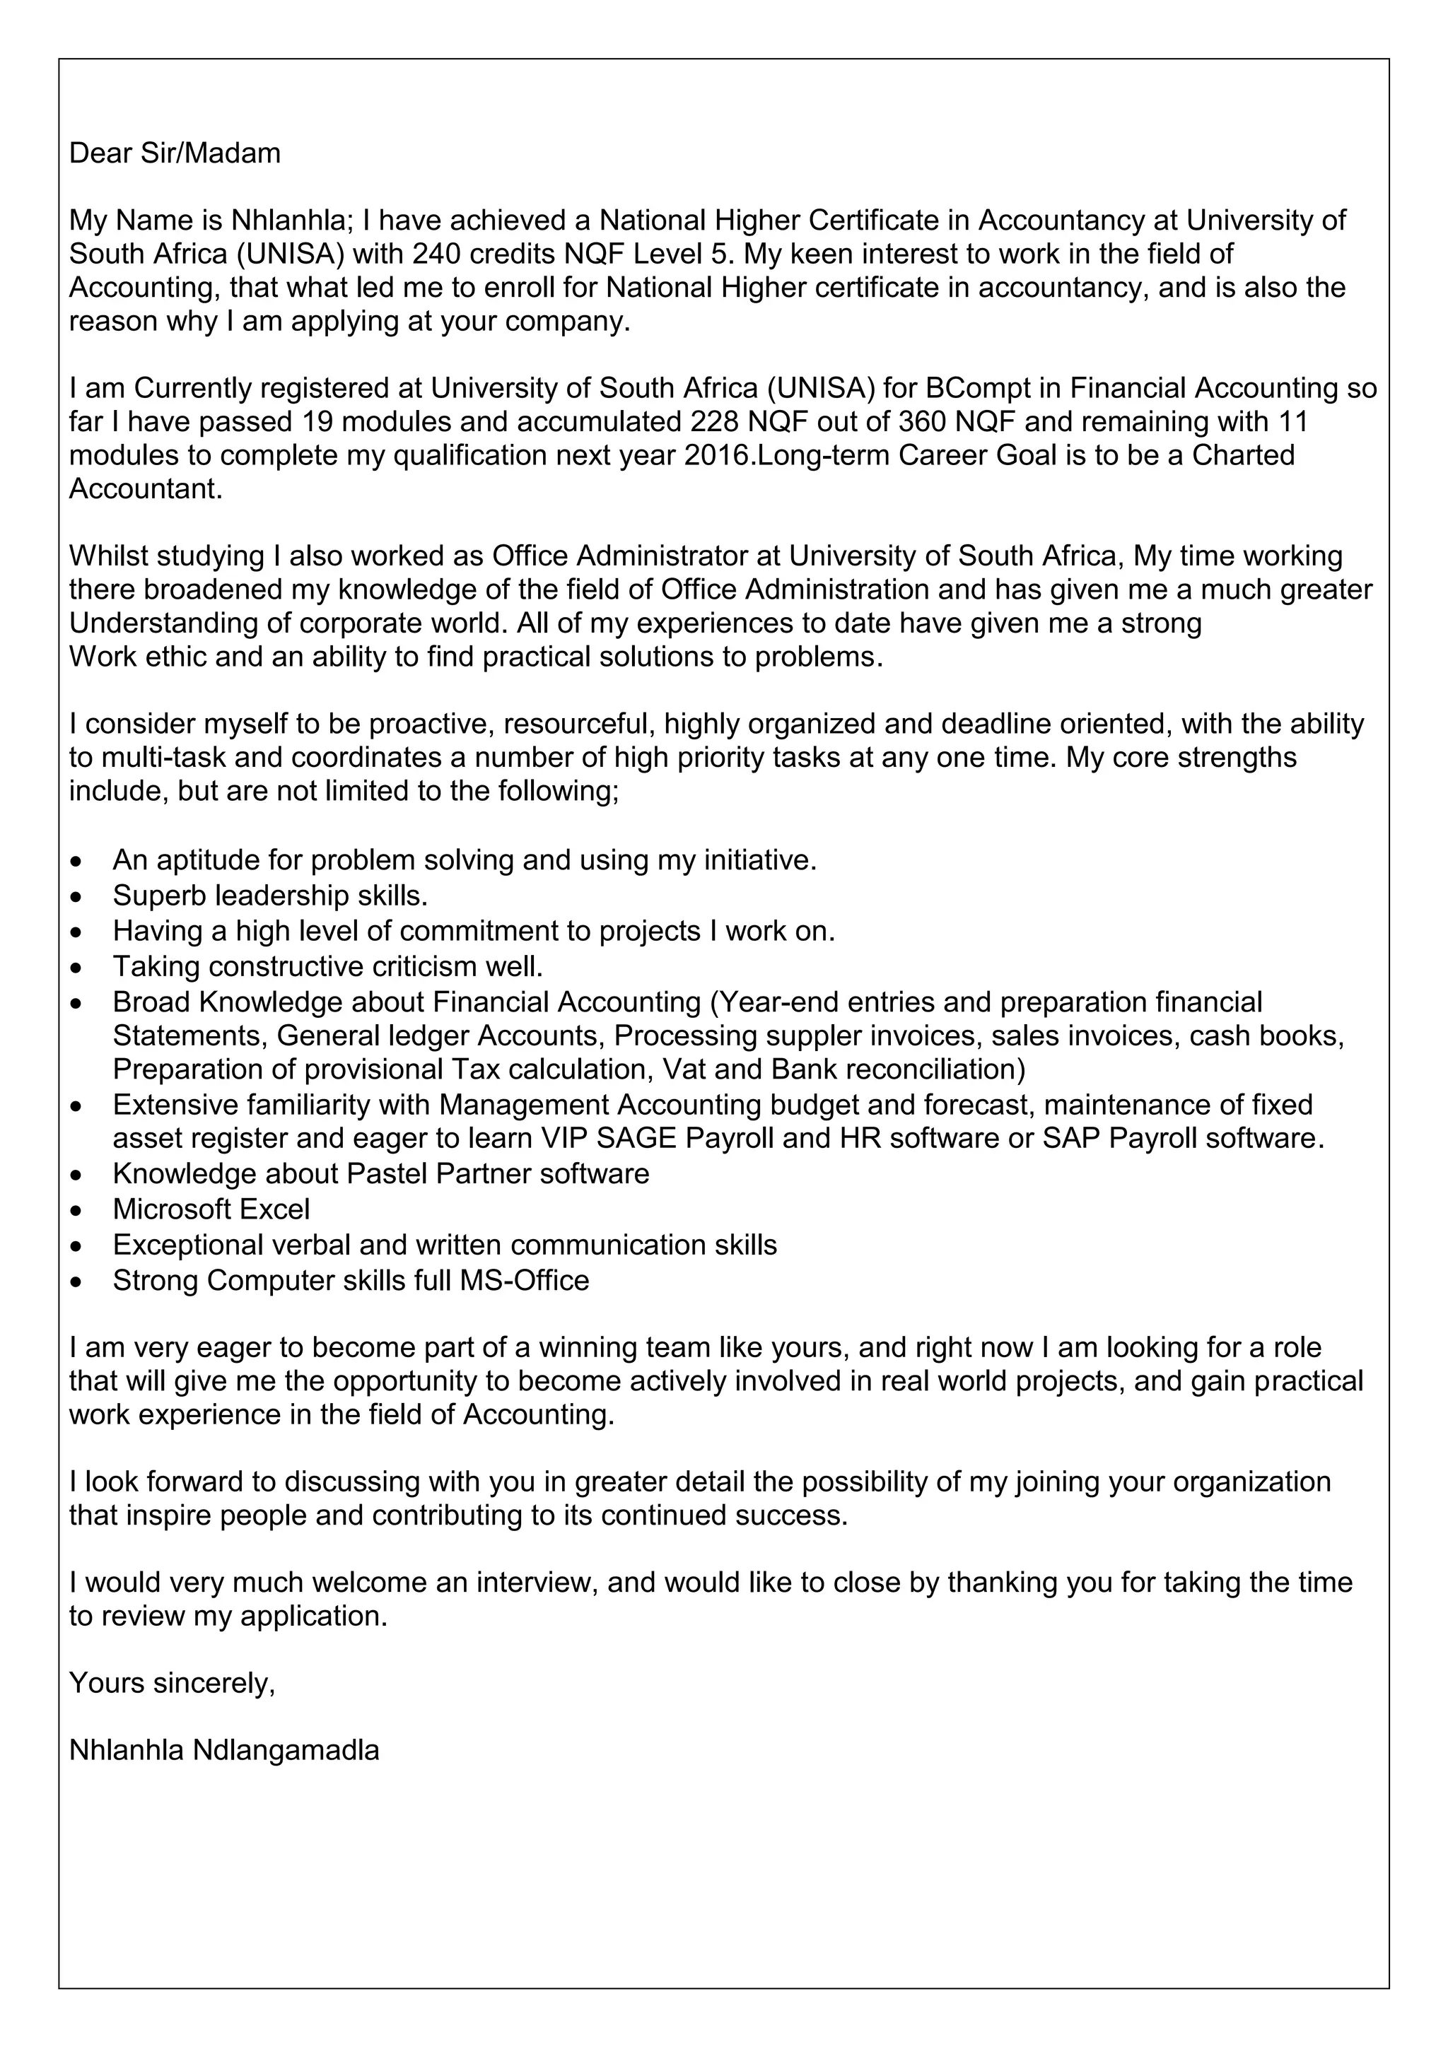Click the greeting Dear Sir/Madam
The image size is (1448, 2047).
tap(175, 153)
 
